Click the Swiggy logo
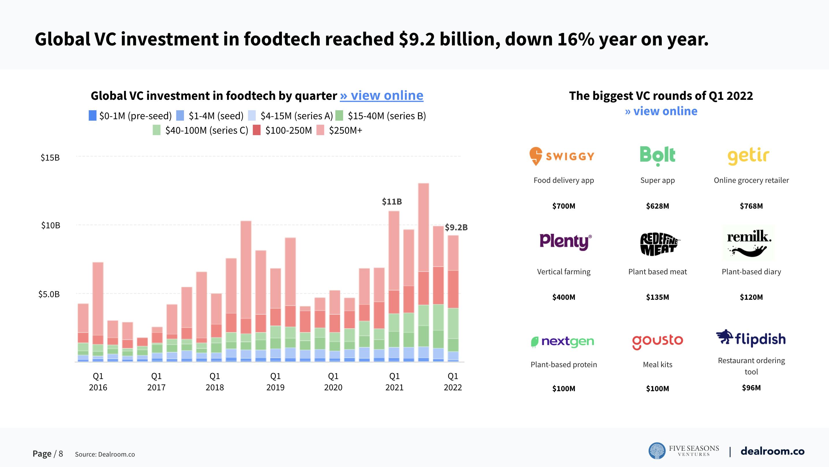coord(562,156)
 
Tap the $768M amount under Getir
coord(751,206)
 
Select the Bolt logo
coord(657,156)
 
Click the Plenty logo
coord(565,242)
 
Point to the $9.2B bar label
coord(456,227)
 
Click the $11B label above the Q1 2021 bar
coord(392,202)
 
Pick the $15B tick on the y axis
coord(50,158)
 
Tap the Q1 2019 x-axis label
coord(275,382)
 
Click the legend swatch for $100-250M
coord(256,130)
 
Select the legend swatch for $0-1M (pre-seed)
coord(92,116)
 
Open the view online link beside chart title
coord(381,95)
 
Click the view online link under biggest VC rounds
coord(661,111)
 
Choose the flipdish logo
coord(751,339)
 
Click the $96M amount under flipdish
coord(751,388)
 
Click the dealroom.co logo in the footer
coord(772,451)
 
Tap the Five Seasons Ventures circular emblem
coord(657,451)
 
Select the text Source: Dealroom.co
coord(105,455)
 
